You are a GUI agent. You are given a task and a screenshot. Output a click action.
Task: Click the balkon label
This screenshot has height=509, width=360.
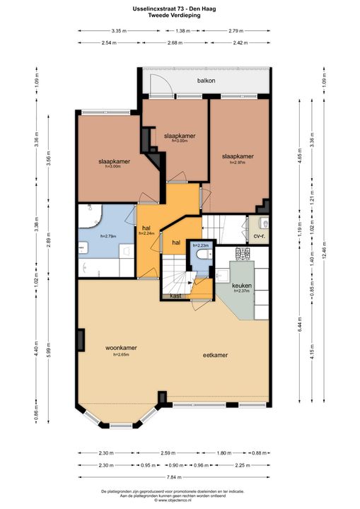[x=206, y=81]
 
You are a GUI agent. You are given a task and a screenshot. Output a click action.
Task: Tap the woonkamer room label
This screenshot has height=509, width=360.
[x=122, y=348]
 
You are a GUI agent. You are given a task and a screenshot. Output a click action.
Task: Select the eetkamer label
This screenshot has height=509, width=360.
[x=214, y=356]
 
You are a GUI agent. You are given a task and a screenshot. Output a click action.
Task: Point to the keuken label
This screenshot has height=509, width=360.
[x=242, y=285]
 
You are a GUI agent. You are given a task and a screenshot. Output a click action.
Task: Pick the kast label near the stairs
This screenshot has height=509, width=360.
[x=175, y=297]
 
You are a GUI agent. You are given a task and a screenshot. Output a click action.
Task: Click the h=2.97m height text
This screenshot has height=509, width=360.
[x=238, y=163]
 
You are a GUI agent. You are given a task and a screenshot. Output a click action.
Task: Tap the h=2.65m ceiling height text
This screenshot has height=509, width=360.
[x=122, y=355]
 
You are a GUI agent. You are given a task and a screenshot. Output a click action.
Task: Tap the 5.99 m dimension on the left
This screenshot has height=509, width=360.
[x=49, y=346]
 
